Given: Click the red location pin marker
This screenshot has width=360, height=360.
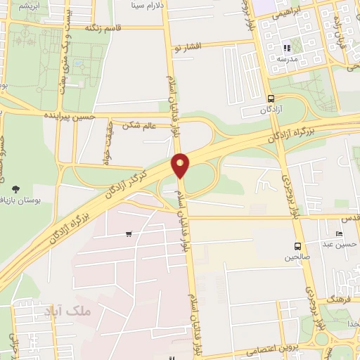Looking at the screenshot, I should [x=181, y=165].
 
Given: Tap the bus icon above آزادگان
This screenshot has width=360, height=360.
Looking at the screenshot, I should [x=271, y=98].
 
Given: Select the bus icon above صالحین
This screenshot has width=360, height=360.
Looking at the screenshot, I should [x=298, y=246].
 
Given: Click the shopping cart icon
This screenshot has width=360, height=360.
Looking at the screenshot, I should [x=128, y=234].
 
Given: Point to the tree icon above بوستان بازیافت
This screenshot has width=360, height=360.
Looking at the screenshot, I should [x=16, y=188].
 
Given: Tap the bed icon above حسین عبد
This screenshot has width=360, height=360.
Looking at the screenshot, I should [x=340, y=234].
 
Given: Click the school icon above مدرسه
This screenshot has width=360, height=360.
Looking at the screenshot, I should [x=287, y=49].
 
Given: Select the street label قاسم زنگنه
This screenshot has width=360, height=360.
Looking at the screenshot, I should [x=103, y=27].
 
